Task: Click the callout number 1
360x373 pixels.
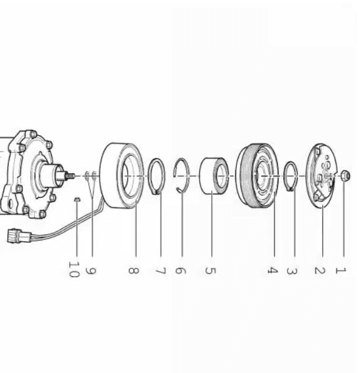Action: click(x=340, y=270)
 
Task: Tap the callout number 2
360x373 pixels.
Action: click(x=320, y=270)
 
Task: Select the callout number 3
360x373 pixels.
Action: click(x=292, y=270)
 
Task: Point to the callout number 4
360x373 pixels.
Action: click(x=272, y=270)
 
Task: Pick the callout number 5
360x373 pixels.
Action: click(x=210, y=270)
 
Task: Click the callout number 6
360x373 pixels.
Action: click(x=181, y=270)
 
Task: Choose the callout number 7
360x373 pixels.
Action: click(x=160, y=270)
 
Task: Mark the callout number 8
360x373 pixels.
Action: click(x=133, y=270)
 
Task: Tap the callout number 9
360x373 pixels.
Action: click(x=91, y=271)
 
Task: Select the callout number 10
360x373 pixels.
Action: click(x=73, y=269)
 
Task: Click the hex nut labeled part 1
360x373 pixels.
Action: click(x=345, y=176)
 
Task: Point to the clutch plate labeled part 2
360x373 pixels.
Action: click(x=322, y=176)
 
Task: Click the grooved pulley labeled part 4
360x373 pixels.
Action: click(x=257, y=176)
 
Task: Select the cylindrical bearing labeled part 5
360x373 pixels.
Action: click(x=214, y=176)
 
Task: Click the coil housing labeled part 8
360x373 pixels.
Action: click(x=121, y=176)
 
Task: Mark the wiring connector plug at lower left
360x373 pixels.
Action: click(x=19, y=236)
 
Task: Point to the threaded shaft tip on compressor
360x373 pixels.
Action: click(x=70, y=176)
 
